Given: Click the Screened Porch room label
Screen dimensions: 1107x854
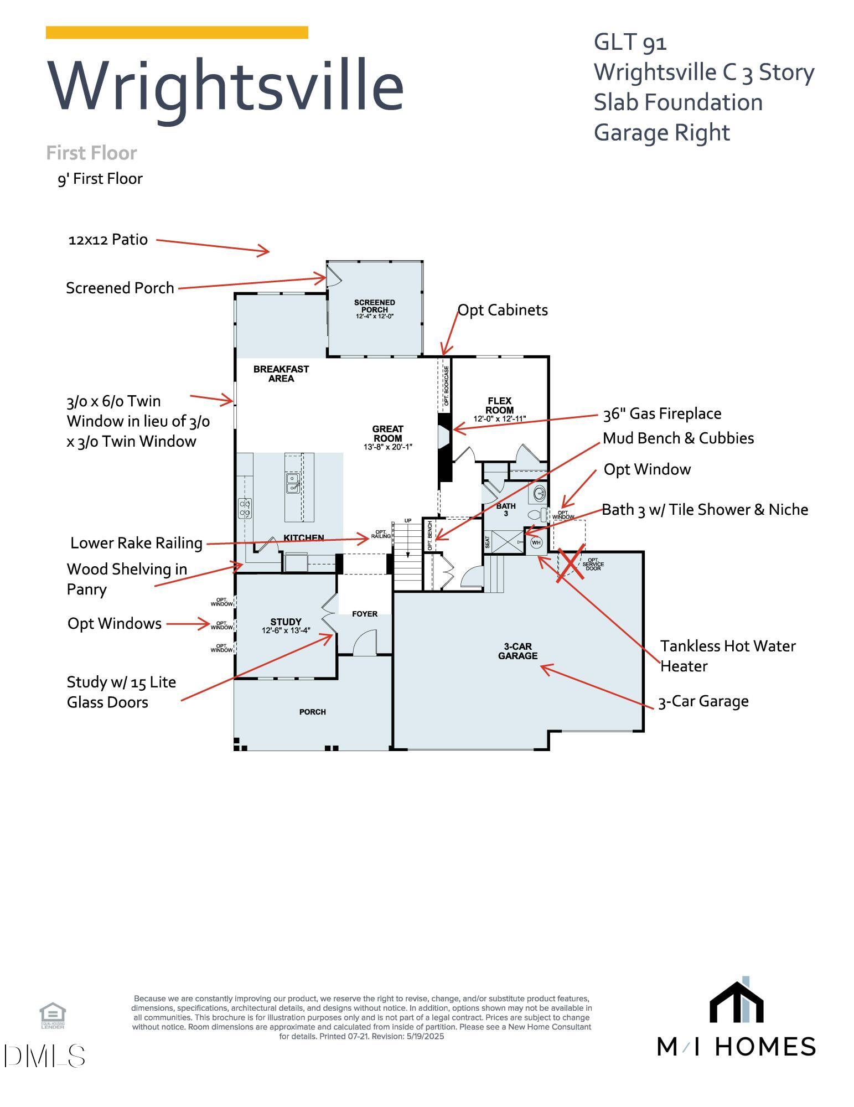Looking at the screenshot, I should click(375, 306).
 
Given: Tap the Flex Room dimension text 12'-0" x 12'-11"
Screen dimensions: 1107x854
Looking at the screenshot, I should click(499, 419).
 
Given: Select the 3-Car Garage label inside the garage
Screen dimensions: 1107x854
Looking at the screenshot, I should click(517, 651).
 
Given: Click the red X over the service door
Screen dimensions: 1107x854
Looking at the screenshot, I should click(571, 562).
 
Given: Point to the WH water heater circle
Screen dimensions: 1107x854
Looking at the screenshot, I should click(536, 542).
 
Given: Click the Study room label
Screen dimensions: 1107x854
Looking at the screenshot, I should click(286, 622).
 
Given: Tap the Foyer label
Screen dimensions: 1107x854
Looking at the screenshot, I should click(365, 614).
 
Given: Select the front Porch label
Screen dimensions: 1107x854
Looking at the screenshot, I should click(312, 712).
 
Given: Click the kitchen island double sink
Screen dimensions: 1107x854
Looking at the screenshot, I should click(293, 483).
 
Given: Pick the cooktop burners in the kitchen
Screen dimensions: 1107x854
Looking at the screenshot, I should click(245, 508).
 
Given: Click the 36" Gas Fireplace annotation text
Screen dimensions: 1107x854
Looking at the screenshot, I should click(662, 413).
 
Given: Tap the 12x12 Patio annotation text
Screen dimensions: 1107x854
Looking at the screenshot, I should click(108, 240).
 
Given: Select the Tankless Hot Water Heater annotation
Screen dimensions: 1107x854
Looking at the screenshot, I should click(727, 656).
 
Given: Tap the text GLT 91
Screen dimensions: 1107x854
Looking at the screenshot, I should click(630, 42).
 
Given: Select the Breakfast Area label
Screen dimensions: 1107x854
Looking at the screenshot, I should click(281, 374).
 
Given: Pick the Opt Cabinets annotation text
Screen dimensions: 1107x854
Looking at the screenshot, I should click(503, 310).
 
